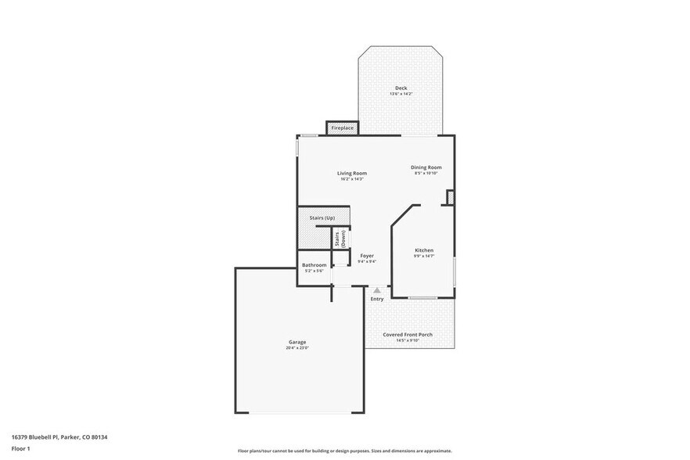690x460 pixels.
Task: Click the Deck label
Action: coord(401,88)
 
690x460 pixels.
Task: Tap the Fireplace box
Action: coord(343,128)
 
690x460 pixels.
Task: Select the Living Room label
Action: coord(352,173)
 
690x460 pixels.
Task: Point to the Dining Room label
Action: coord(427,167)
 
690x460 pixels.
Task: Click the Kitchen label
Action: coord(423,250)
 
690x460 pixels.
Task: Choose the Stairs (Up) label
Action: coord(322,217)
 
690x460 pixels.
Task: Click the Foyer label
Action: coord(367,256)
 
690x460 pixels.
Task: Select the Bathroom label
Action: coord(314,265)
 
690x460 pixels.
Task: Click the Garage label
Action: coord(297,342)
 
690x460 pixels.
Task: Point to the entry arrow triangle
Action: coord(377,289)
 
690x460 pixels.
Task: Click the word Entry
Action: coord(377,299)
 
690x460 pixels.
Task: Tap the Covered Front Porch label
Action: coord(407,334)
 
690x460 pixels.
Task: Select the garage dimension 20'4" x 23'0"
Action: coord(297,348)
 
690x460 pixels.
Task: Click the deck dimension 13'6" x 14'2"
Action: coord(401,94)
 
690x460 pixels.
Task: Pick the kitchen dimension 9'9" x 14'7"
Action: coord(423,257)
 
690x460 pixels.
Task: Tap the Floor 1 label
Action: coord(20,448)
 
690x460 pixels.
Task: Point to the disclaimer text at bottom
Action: coord(344,451)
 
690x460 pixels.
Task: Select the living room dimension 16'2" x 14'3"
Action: coord(352,179)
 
